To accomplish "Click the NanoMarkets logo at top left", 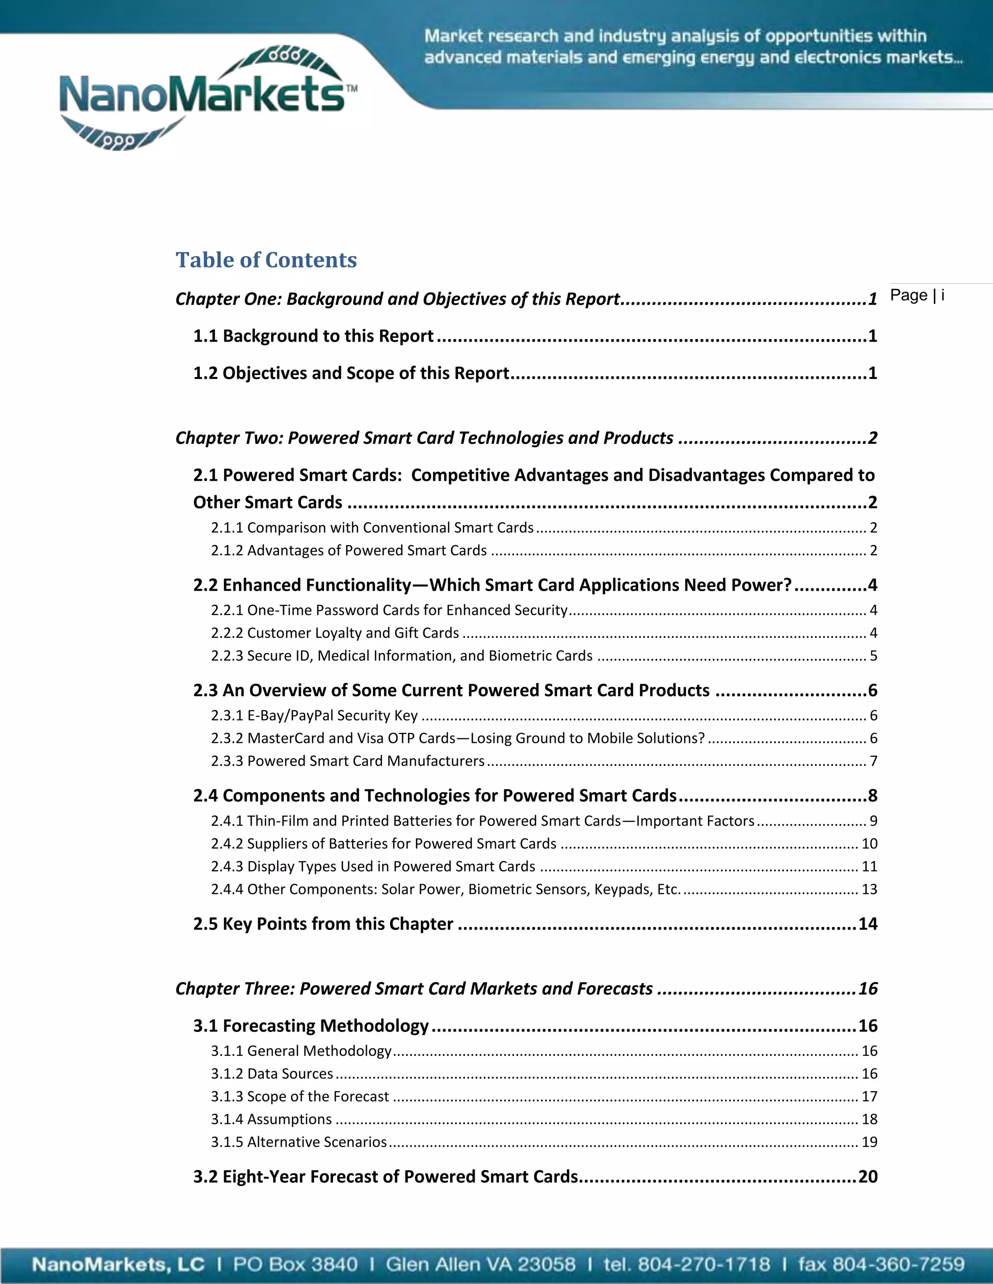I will [x=206, y=97].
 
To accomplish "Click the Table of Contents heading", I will [x=266, y=260].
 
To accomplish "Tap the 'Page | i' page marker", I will [x=916, y=295].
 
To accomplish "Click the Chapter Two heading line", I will [x=424, y=438].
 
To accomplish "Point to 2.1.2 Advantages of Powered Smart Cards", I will [x=349, y=550].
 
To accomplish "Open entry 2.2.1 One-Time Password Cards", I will [x=389, y=610].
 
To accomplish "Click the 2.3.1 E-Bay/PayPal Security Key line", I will [x=314, y=716].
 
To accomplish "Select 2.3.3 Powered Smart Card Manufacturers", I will [x=348, y=761].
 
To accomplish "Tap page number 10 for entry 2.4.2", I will [x=869, y=844].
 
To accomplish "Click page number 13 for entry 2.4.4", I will [x=869, y=889].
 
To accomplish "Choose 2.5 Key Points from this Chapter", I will [x=323, y=924].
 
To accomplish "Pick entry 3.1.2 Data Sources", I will [x=272, y=1074].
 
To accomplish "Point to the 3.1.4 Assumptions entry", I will [x=271, y=1119].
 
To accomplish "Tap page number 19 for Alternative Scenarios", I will [x=869, y=1142].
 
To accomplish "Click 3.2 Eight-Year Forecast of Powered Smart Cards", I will [x=386, y=1176].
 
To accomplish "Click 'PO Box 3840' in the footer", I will [x=295, y=1265].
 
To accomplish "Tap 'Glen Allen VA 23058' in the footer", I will [x=480, y=1265].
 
